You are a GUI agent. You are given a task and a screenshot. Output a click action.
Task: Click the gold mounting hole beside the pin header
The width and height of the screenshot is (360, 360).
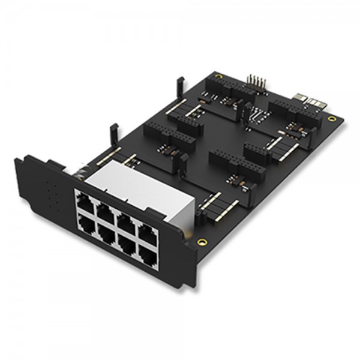click(218, 77)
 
